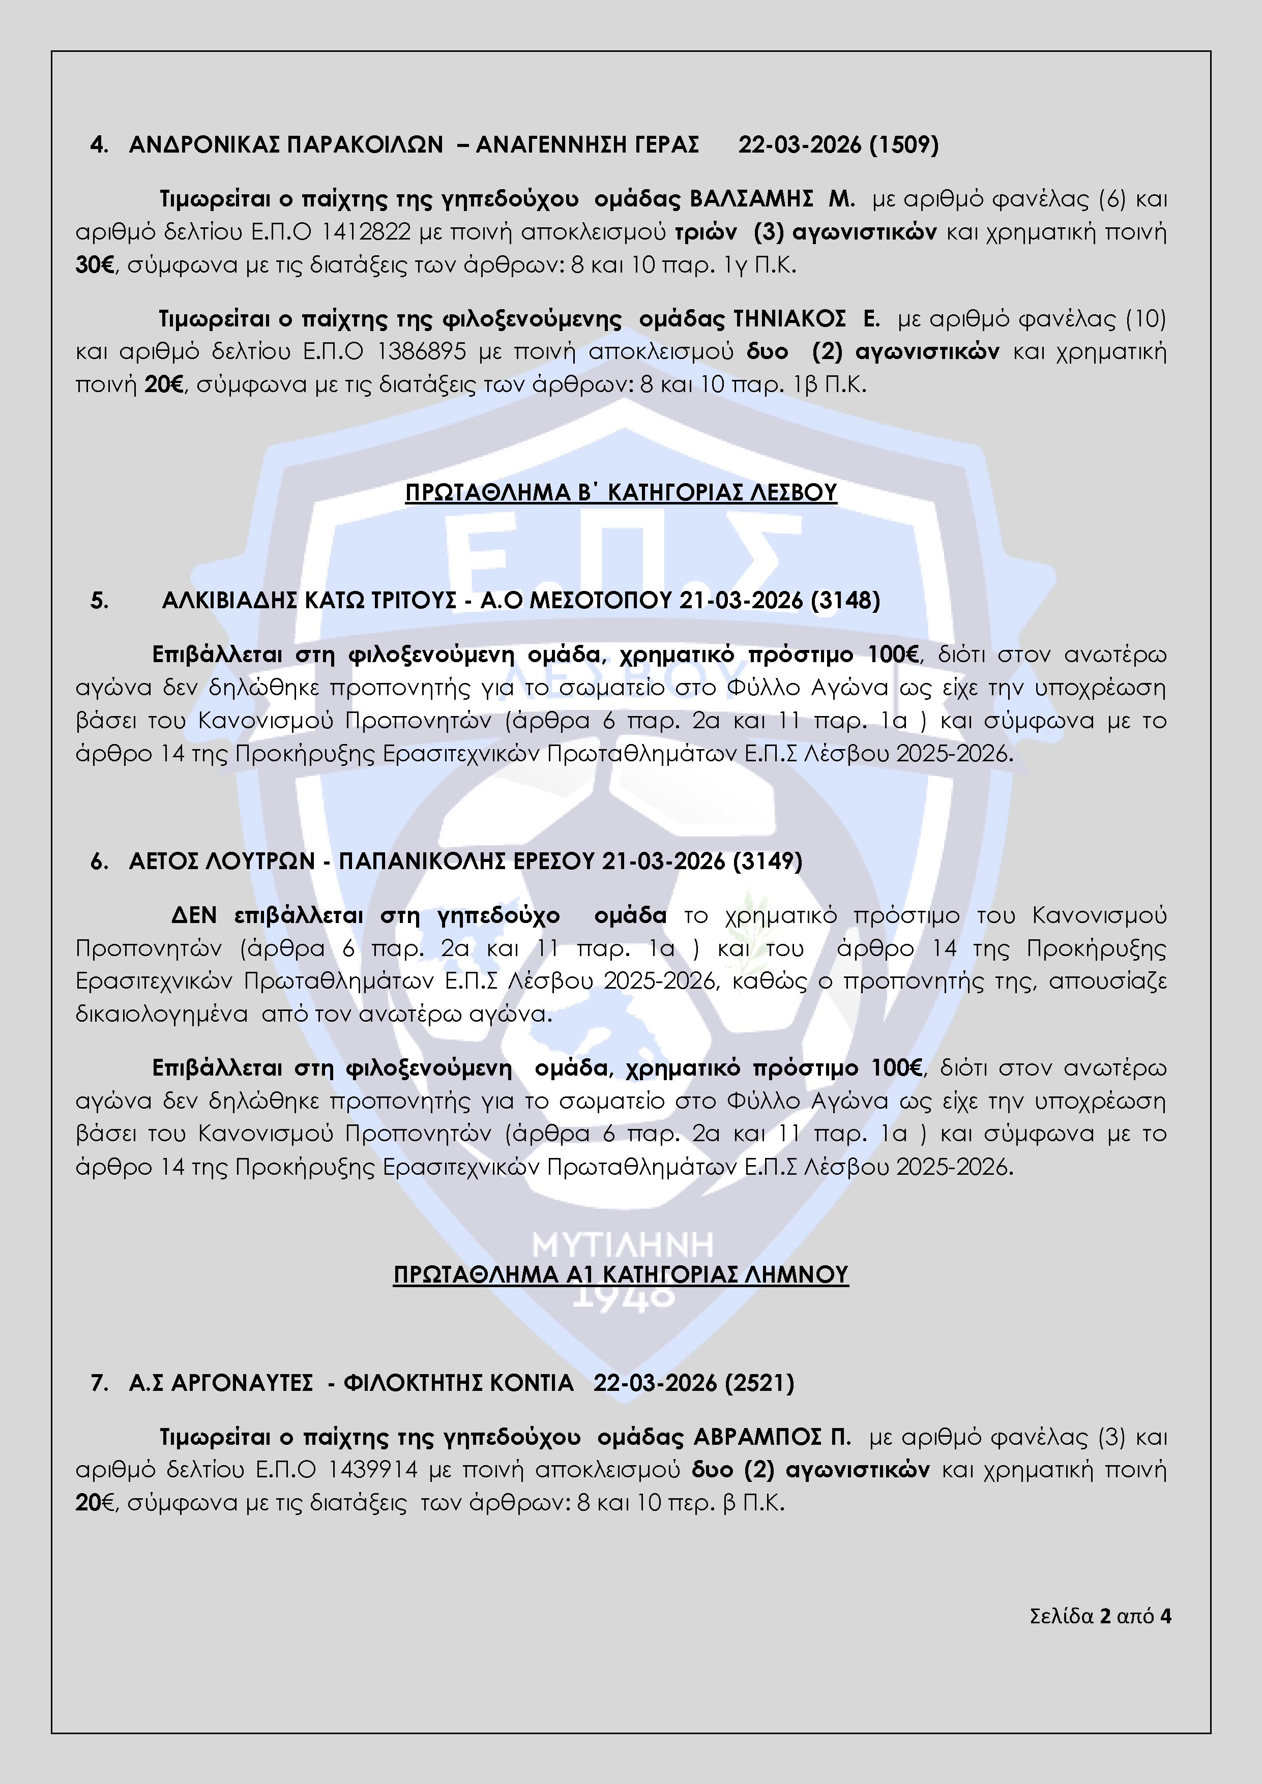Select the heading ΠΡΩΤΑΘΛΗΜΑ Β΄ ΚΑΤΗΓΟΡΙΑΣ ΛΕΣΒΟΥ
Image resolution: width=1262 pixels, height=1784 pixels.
[621, 493]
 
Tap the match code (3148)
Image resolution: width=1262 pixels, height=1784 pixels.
[845, 601]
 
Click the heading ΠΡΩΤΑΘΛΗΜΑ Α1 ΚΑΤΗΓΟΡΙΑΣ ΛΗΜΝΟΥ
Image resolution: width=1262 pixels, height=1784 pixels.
[621, 1275]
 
